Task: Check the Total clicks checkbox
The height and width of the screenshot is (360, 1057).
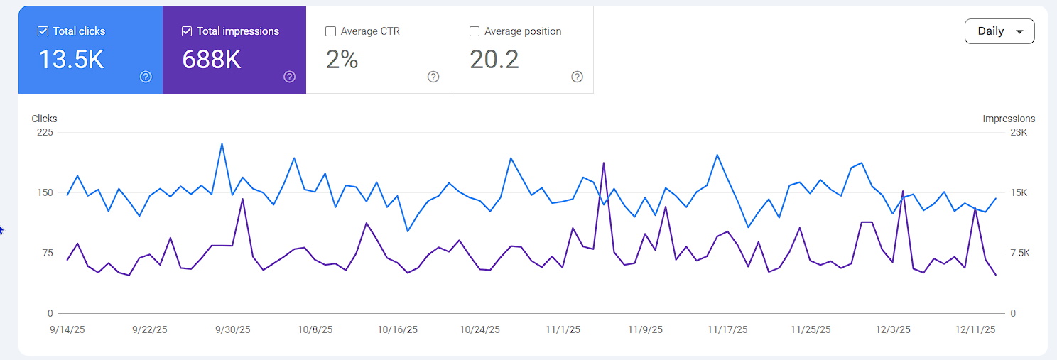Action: click(43, 31)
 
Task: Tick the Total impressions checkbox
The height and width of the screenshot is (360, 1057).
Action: click(187, 31)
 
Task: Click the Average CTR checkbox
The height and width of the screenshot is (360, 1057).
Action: click(330, 31)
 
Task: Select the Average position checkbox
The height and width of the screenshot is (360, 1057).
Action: click(475, 31)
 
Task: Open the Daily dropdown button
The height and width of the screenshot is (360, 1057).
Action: click(999, 31)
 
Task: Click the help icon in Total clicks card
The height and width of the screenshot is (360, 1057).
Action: click(146, 77)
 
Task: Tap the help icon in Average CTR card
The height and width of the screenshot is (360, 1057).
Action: click(433, 77)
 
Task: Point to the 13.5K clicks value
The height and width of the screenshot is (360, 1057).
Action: click(71, 60)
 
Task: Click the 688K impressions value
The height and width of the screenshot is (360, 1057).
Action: click(212, 60)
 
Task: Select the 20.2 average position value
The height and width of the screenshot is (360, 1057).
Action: click(494, 60)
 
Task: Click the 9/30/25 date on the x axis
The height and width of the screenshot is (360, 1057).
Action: click(233, 329)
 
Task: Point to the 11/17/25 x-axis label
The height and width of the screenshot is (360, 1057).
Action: click(727, 329)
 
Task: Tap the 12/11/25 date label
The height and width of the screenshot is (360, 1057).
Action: click(975, 329)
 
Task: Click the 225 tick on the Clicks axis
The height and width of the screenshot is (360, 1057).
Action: click(45, 132)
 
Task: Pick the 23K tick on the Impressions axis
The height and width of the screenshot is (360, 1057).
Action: click(1019, 132)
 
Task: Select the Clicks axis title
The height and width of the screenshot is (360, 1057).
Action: click(44, 119)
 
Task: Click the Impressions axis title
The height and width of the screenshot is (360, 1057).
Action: click(1009, 119)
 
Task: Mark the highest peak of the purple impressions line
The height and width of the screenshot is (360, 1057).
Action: click(604, 163)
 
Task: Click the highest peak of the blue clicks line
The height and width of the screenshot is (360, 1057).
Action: click(222, 143)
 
